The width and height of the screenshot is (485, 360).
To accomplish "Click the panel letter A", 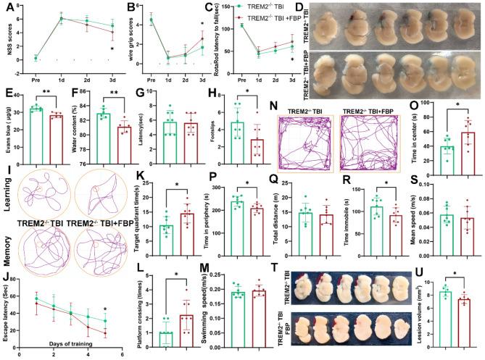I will pos(6,7).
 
